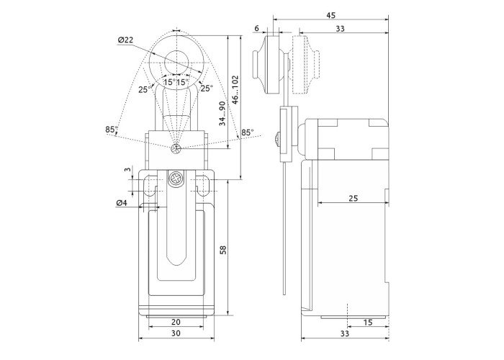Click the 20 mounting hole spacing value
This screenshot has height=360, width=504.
pos(176,322)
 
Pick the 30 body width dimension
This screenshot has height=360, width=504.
pos(176,334)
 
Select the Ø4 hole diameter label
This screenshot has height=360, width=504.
pos(122,202)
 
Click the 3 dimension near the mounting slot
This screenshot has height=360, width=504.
pos(127,170)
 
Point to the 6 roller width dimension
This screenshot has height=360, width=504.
pos(257,28)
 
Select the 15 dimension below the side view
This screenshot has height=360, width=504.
pos(367,322)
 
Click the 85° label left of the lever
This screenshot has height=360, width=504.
pos(111,130)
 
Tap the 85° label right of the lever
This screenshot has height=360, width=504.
pos(247,132)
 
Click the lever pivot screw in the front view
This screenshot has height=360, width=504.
pos(176,149)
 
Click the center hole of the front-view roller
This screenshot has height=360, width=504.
pos(176,60)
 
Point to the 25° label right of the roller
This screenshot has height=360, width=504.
pos(207,89)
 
